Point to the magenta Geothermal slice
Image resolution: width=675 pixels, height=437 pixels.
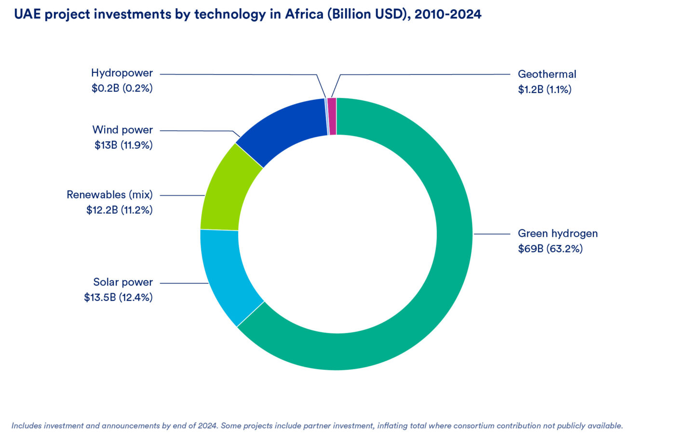point(332,116)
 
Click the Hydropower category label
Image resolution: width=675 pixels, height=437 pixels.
point(122,73)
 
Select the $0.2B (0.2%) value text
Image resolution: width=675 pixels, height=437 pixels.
point(122,88)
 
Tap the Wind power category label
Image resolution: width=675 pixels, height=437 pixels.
point(122,130)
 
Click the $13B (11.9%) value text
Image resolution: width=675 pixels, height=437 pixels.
point(123,145)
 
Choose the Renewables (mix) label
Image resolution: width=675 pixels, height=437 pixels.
point(109,194)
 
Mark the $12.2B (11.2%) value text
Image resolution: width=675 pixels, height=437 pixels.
point(120,210)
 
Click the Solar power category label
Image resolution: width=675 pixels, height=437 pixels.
point(123,282)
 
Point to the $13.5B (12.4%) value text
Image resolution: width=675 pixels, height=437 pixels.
point(118,297)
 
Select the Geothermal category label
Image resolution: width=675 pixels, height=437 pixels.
point(547,74)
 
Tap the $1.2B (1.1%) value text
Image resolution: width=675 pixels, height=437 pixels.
point(544,89)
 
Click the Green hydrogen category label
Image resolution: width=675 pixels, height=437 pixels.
point(557,233)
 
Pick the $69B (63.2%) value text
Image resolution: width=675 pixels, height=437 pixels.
point(550,248)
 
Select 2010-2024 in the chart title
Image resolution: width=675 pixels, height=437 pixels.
point(448,14)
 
